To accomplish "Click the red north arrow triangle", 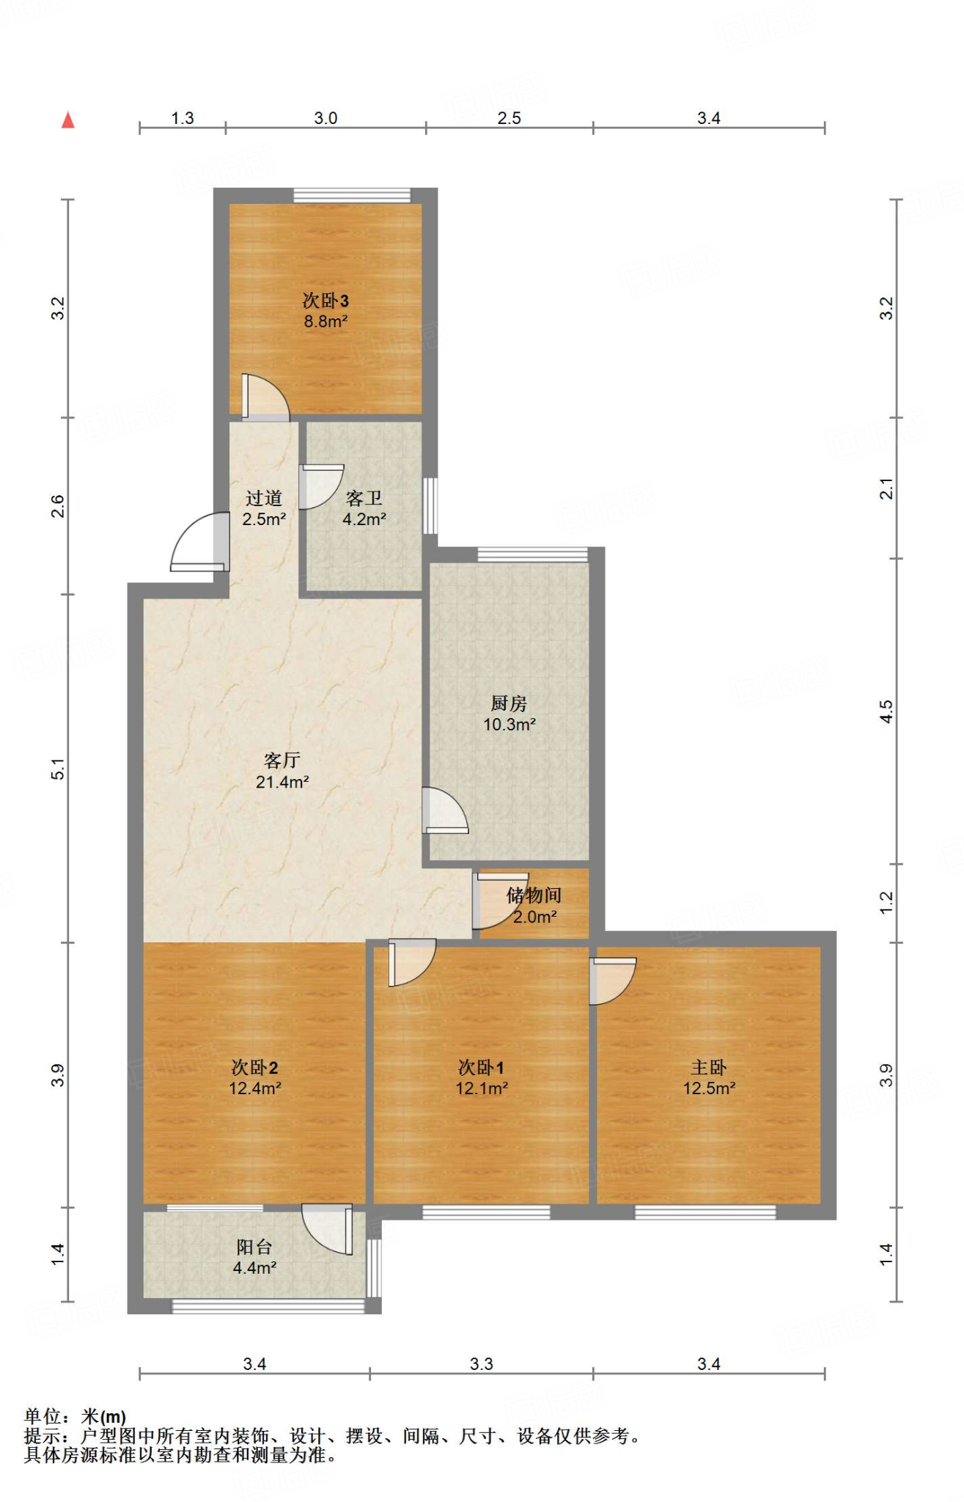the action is tap(68, 120).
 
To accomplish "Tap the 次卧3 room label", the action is tap(325, 301).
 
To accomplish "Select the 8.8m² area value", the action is tap(325, 321).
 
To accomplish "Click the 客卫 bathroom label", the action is tap(364, 499).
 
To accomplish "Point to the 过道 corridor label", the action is tap(264, 499).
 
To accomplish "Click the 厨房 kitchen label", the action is tap(509, 704).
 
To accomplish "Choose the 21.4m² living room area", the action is tap(282, 782).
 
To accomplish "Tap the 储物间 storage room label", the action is tap(534, 895).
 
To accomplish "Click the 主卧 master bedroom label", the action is tap(708, 1068).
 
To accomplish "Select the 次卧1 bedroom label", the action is tap(481, 1068).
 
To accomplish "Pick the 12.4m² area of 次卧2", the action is tap(255, 1088).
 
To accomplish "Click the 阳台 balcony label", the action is tap(254, 1247).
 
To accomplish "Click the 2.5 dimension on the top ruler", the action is tap(509, 118).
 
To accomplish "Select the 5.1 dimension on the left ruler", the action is tap(59, 769).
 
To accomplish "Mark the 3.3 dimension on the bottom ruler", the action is tap(482, 1364).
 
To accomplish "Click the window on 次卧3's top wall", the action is tap(353, 195).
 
